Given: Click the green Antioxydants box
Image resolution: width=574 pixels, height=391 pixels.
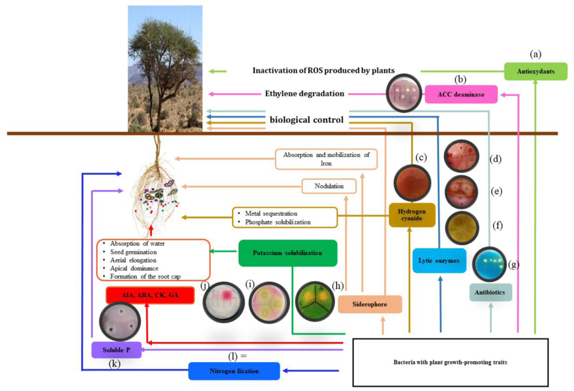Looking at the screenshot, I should [535, 71].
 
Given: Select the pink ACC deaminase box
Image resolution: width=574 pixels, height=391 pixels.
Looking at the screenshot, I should [461, 94].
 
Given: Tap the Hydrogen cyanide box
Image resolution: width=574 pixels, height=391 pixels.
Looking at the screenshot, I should [412, 215].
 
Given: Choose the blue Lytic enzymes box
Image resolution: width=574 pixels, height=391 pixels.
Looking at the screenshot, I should [439, 261].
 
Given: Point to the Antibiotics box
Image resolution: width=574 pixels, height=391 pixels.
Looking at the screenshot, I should [490, 292].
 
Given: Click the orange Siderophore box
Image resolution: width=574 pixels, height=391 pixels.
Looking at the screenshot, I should [370, 304].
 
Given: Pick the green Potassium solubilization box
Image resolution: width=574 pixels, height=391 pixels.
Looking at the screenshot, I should [287, 253].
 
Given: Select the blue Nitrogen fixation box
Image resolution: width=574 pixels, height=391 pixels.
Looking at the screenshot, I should [234, 371].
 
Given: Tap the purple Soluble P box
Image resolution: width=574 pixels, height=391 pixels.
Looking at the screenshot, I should [116, 350].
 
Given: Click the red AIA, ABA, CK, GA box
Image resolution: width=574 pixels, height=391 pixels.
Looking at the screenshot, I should [150, 295].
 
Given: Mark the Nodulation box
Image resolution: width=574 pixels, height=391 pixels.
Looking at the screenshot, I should [329, 186].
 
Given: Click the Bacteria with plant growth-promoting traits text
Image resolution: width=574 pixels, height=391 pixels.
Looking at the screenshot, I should [450, 362].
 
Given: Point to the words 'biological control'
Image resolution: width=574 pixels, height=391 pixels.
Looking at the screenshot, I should [306, 120].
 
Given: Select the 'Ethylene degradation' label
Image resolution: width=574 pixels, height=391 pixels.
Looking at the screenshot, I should [304, 94].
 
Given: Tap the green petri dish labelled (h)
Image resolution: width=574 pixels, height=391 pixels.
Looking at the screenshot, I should [314, 301].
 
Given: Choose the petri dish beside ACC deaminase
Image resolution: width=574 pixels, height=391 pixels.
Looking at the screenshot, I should [404, 93].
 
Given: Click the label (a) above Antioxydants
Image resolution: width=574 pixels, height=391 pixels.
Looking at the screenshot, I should [535, 54].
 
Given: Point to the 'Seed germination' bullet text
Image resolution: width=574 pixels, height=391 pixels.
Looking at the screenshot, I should [133, 252].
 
